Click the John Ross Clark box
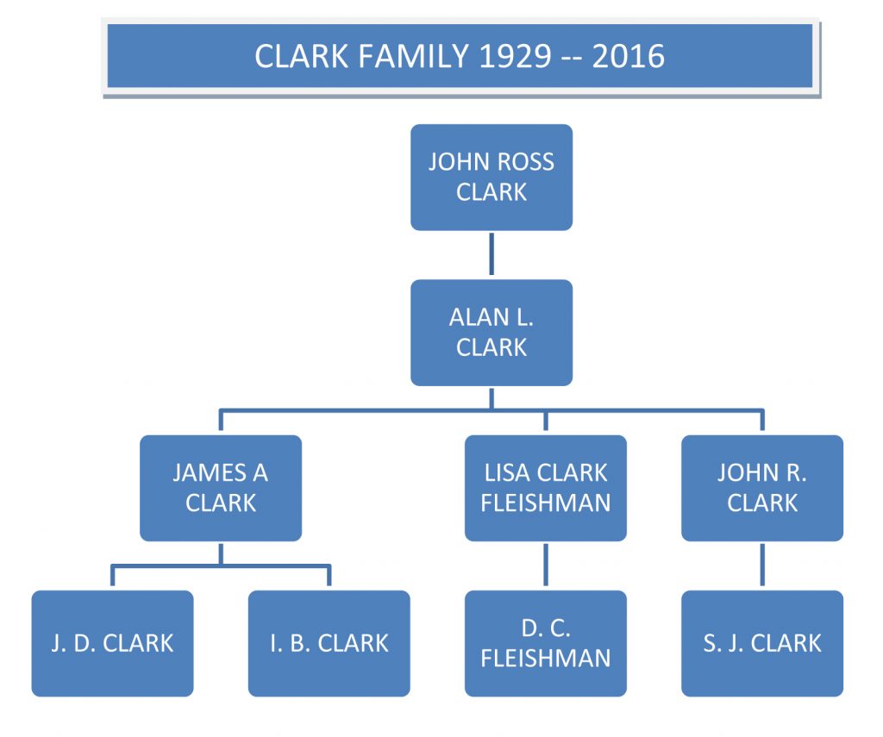(491, 177)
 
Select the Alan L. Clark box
(491, 332)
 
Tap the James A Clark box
(221, 488)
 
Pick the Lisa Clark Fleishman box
(545, 488)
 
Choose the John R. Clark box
(761, 488)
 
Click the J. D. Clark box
(112, 643)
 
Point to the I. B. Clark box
(329, 643)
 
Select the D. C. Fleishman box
(545, 643)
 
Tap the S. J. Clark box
(761, 643)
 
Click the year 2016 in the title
(628, 57)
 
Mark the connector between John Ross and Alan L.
(492, 254)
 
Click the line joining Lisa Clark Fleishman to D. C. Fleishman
(545, 565)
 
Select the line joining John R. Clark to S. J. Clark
(761, 565)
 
